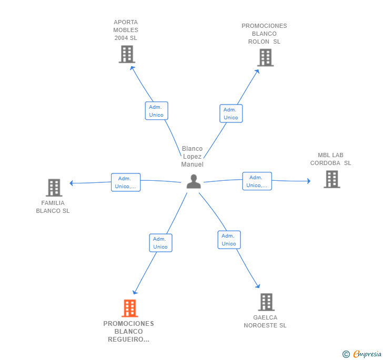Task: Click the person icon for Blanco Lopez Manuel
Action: click(x=194, y=181)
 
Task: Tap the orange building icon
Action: click(x=129, y=308)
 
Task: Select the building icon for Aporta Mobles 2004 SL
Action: click(x=127, y=54)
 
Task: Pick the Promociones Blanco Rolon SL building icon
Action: click(x=265, y=57)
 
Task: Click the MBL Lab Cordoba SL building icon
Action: click(x=331, y=179)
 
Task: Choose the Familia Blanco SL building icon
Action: click(x=54, y=188)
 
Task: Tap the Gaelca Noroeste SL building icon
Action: click(x=266, y=302)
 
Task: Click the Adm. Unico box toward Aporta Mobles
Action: click(x=156, y=111)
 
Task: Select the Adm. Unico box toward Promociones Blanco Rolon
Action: click(x=231, y=114)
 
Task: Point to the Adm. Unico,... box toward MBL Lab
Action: click(x=257, y=181)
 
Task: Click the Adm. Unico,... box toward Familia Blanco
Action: click(x=126, y=182)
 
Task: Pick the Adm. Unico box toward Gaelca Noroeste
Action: click(x=229, y=240)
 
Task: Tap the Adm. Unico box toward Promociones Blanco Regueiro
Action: click(x=160, y=243)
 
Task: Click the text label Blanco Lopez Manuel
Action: click(x=192, y=157)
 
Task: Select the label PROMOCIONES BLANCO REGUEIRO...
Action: click(x=128, y=331)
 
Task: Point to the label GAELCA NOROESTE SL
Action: click(x=265, y=321)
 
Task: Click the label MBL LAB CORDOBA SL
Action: click(x=330, y=159)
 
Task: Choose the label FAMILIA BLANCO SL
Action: click(x=53, y=207)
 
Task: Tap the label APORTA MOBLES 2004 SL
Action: click(x=126, y=30)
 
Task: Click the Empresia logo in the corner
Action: click(x=362, y=354)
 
